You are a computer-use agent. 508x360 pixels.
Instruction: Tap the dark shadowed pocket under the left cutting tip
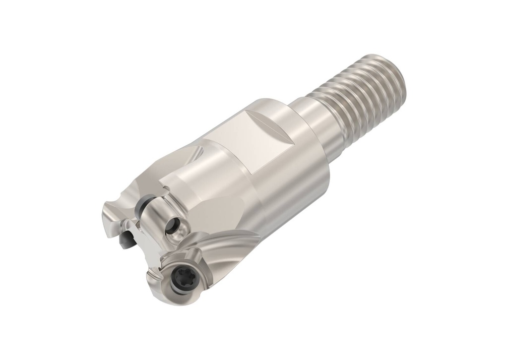tap(127, 241)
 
